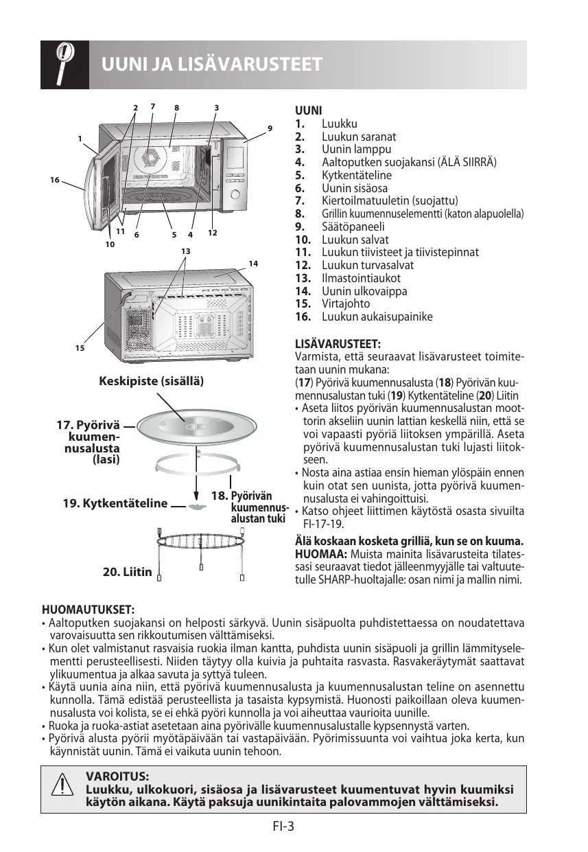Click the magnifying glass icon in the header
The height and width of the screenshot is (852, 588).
coord(64,65)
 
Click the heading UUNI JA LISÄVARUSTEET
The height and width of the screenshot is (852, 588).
coord(212,65)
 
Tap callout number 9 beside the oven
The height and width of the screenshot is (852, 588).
coord(270,128)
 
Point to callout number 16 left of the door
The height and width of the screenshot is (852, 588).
coord(54,179)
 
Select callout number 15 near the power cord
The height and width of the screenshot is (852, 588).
coord(80,348)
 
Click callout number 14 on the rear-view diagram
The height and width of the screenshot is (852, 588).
coord(253,264)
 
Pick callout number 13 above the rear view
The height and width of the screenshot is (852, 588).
coord(185,251)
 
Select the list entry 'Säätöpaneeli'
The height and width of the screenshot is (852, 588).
coord(353,227)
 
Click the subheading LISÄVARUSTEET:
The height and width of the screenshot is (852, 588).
coord(338,343)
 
